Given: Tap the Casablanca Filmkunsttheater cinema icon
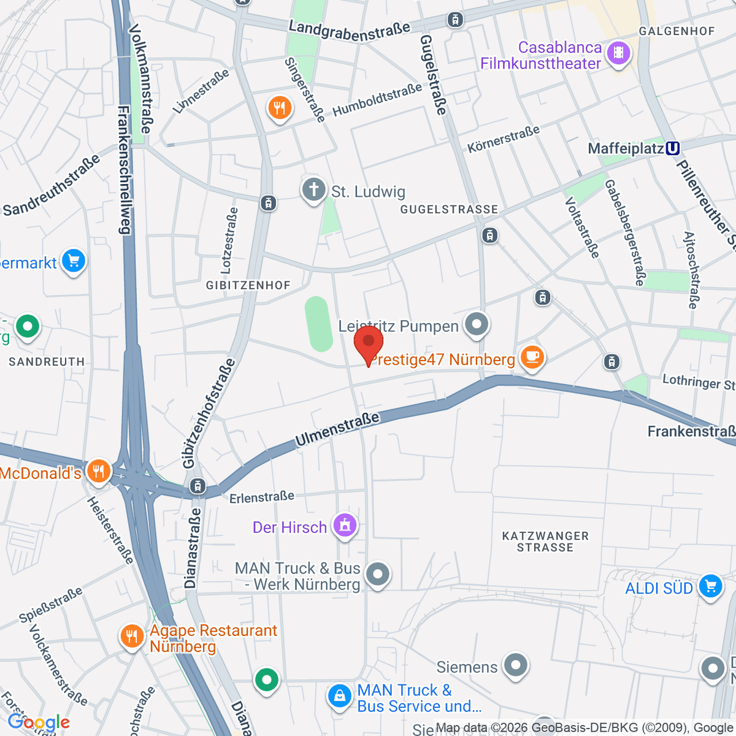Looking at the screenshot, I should [618, 54].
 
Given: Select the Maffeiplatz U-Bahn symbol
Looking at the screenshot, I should [672, 148].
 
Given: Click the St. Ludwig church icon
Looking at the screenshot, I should [313, 190].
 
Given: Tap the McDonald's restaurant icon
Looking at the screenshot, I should [98, 472].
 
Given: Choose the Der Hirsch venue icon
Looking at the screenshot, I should [345, 526].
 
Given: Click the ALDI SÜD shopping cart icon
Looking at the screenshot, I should [710, 586].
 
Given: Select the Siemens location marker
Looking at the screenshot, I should [515, 665].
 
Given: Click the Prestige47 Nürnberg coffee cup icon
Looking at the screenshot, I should [532, 356].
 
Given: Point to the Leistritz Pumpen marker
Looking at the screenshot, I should [476, 324].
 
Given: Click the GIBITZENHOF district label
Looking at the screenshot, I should [248, 285].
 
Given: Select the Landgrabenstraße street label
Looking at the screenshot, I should [349, 31].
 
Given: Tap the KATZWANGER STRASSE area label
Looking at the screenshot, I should [545, 542].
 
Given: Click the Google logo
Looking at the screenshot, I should [39, 723].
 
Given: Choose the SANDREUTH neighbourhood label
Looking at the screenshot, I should [47, 362].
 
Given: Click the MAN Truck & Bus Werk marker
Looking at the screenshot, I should [377, 575].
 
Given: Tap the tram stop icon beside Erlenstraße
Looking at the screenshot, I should [197, 486].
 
